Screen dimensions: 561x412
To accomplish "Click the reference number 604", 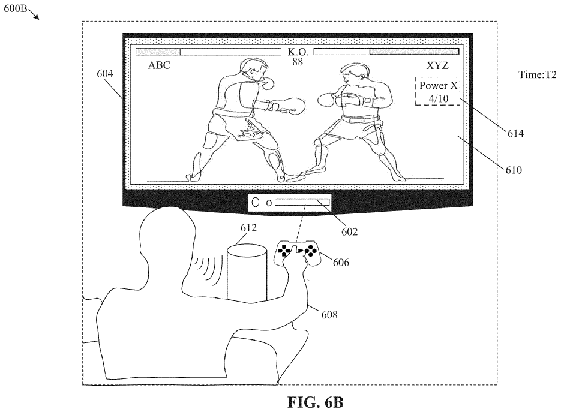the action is pos(105,74).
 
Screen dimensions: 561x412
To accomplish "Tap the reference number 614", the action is pos(515,133).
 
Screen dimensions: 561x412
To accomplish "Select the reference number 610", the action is pos(514,170).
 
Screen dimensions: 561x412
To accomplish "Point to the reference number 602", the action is pos(349,232).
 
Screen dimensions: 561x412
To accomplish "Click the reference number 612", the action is pos(248,228).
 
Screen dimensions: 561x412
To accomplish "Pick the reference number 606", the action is pos(341,263).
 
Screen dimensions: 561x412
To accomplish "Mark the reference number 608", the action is pos(329,315).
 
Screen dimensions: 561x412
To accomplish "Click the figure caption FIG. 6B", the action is pos(315,402).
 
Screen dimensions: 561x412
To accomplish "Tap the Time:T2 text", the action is pos(538,75).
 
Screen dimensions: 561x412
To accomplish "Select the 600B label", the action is pos(16,8).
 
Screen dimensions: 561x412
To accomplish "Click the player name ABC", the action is pos(159,65).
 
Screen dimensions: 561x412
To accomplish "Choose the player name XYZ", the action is pos(437,65).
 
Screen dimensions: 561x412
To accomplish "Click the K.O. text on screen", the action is pos(298,52).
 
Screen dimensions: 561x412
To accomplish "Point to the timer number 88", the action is pos(298,62).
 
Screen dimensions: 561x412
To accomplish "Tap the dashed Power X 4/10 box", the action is pos(437,91).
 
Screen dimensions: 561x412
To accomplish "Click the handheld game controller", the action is pos(297,253).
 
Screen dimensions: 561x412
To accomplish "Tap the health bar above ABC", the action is pos(208,52).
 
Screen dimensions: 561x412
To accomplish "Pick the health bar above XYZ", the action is pos(386,52).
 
